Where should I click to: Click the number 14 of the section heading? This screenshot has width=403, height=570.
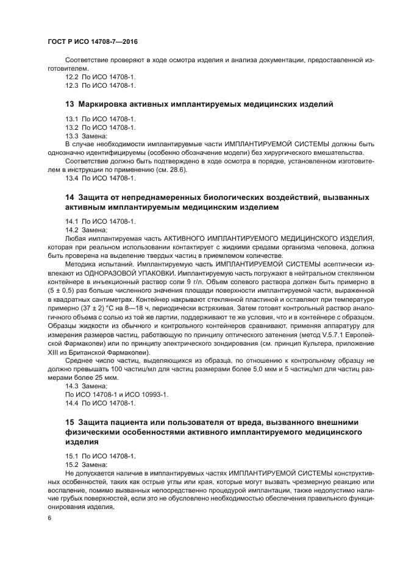(x=70, y=198)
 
